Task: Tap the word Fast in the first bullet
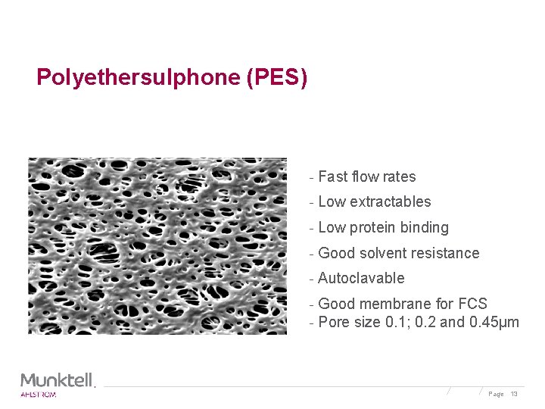[x=332, y=176]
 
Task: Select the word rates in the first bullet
[x=399, y=176]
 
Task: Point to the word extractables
[x=391, y=201]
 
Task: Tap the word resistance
[x=446, y=253]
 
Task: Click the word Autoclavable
[x=361, y=278]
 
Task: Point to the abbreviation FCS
[x=472, y=304]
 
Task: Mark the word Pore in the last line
[x=333, y=322]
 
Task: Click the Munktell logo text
[x=58, y=379]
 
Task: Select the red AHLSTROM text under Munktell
[x=38, y=394]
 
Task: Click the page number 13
[x=514, y=394]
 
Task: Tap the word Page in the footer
[x=496, y=394]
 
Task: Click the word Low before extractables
[x=332, y=201]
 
